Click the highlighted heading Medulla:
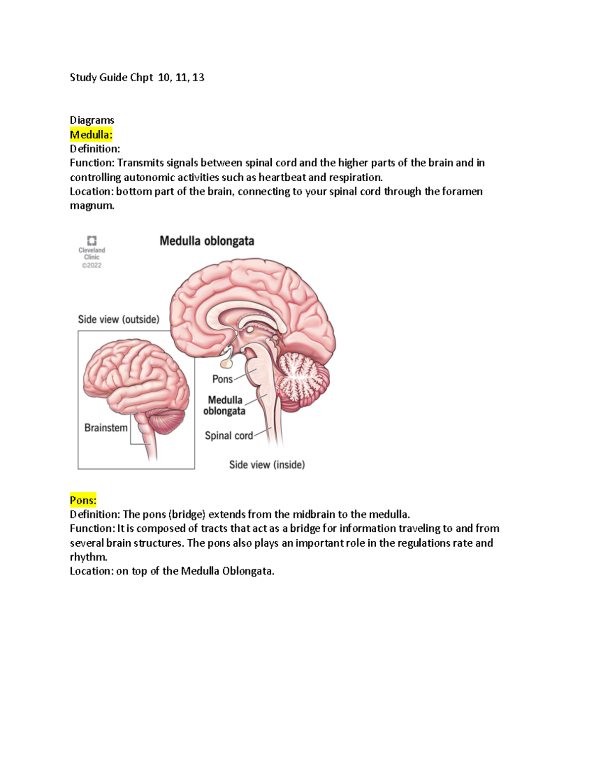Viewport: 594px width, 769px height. pyautogui.click(x=91, y=135)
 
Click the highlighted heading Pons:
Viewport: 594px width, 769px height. pyautogui.click(x=83, y=500)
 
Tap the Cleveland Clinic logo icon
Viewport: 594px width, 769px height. pyautogui.click(x=92, y=241)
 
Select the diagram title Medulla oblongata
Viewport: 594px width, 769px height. pyautogui.click(x=207, y=241)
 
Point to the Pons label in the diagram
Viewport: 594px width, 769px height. pyautogui.click(x=222, y=379)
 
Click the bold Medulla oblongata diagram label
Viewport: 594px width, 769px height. pyautogui.click(x=225, y=406)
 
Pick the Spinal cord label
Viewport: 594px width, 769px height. pyautogui.click(x=229, y=436)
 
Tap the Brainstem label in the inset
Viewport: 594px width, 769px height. pyautogui.click(x=106, y=428)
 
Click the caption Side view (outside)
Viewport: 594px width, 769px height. pyautogui.click(x=118, y=319)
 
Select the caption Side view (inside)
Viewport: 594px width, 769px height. pyautogui.click(x=267, y=465)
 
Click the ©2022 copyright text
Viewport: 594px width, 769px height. pyautogui.click(x=92, y=265)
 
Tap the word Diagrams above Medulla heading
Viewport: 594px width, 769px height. pyautogui.click(x=92, y=120)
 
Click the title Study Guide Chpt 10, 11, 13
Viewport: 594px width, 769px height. pyautogui.click(x=137, y=77)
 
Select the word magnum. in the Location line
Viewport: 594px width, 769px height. pyautogui.click(x=92, y=205)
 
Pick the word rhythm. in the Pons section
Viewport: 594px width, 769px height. pyautogui.click(x=89, y=557)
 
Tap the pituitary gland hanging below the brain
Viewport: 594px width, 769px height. pyautogui.click(x=226, y=363)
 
